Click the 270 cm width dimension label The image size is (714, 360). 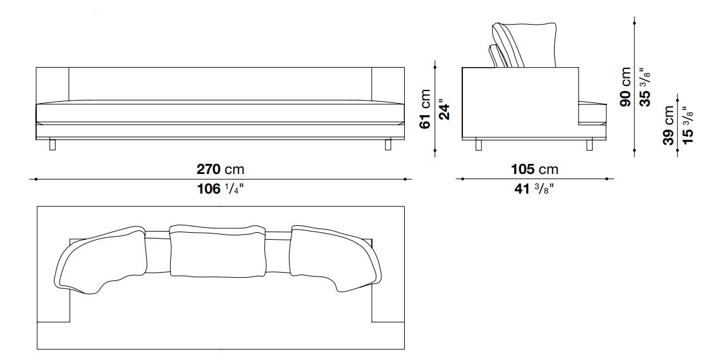[220, 170]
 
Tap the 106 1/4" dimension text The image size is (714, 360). [220, 189]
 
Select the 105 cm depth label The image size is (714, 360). [534, 170]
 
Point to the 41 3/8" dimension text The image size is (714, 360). [534, 189]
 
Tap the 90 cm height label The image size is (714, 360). [625, 87]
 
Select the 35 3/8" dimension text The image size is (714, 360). [645, 87]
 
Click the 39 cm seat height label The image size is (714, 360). [668, 125]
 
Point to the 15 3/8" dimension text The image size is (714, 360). [687, 125]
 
